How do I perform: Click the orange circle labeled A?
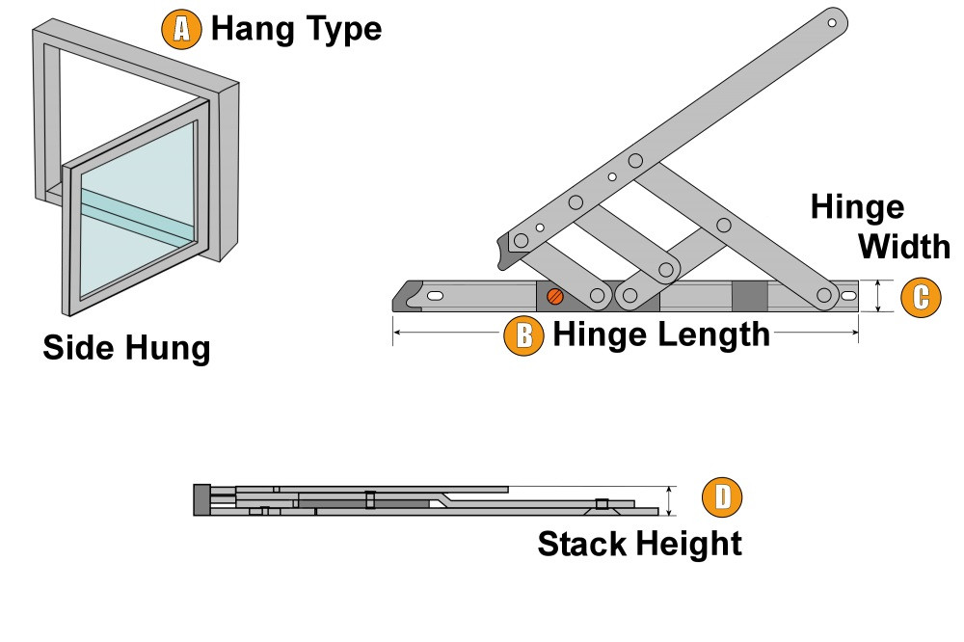[x=181, y=29]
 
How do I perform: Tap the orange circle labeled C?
[x=921, y=297]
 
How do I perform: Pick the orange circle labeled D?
[x=722, y=498]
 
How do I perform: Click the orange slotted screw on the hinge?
[x=554, y=296]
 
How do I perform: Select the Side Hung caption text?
[x=126, y=347]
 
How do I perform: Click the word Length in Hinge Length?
[x=711, y=334]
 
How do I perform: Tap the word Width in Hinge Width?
[x=903, y=247]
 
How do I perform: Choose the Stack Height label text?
[x=639, y=544]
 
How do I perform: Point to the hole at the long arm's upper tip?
[x=832, y=20]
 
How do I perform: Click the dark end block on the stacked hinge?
[x=201, y=500]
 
